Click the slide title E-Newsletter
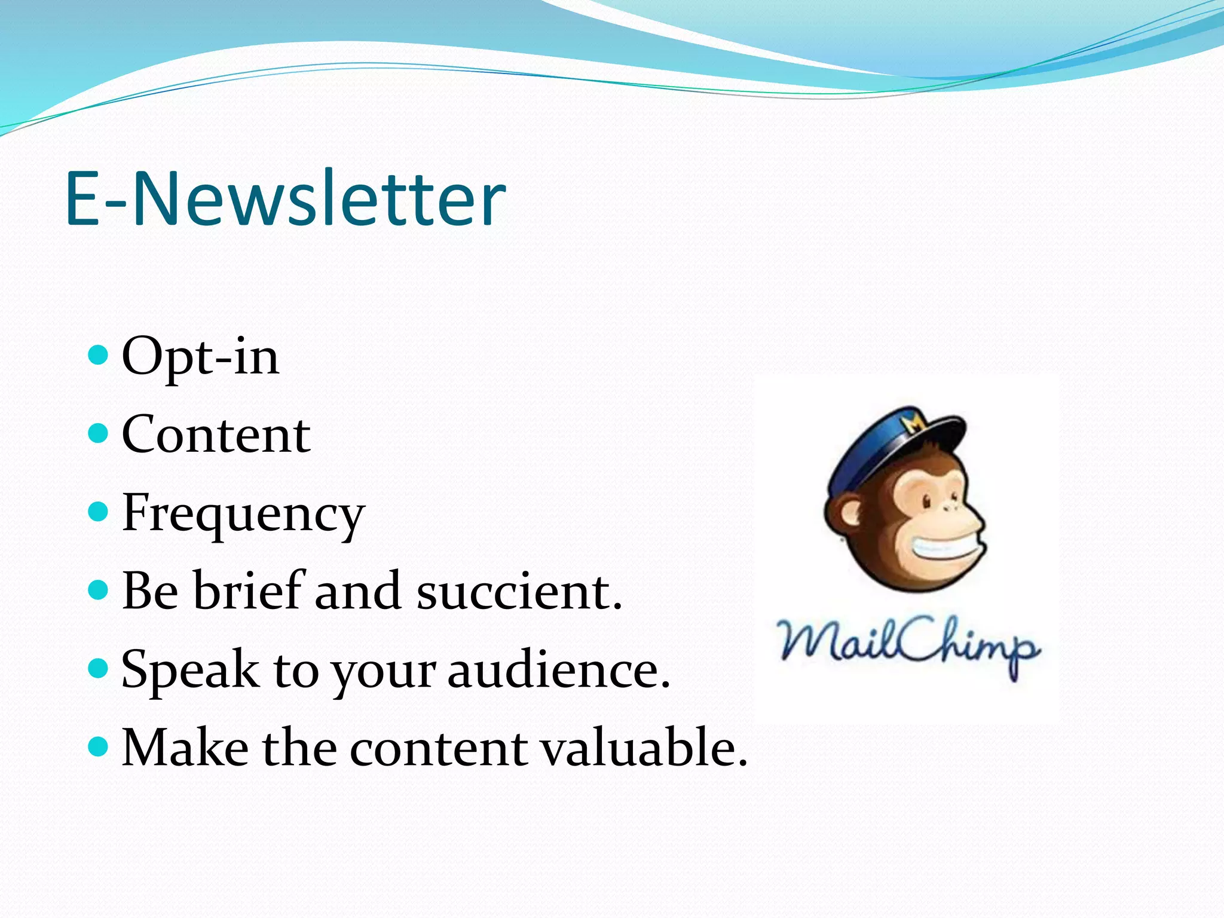[x=285, y=198]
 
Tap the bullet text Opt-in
[x=200, y=357]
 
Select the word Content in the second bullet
[x=216, y=434]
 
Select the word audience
[x=558, y=669]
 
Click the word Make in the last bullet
[x=185, y=748]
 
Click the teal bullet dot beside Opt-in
[x=98, y=355]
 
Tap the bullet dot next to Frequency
[x=98, y=512]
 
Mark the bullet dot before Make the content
[x=98, y=746]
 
